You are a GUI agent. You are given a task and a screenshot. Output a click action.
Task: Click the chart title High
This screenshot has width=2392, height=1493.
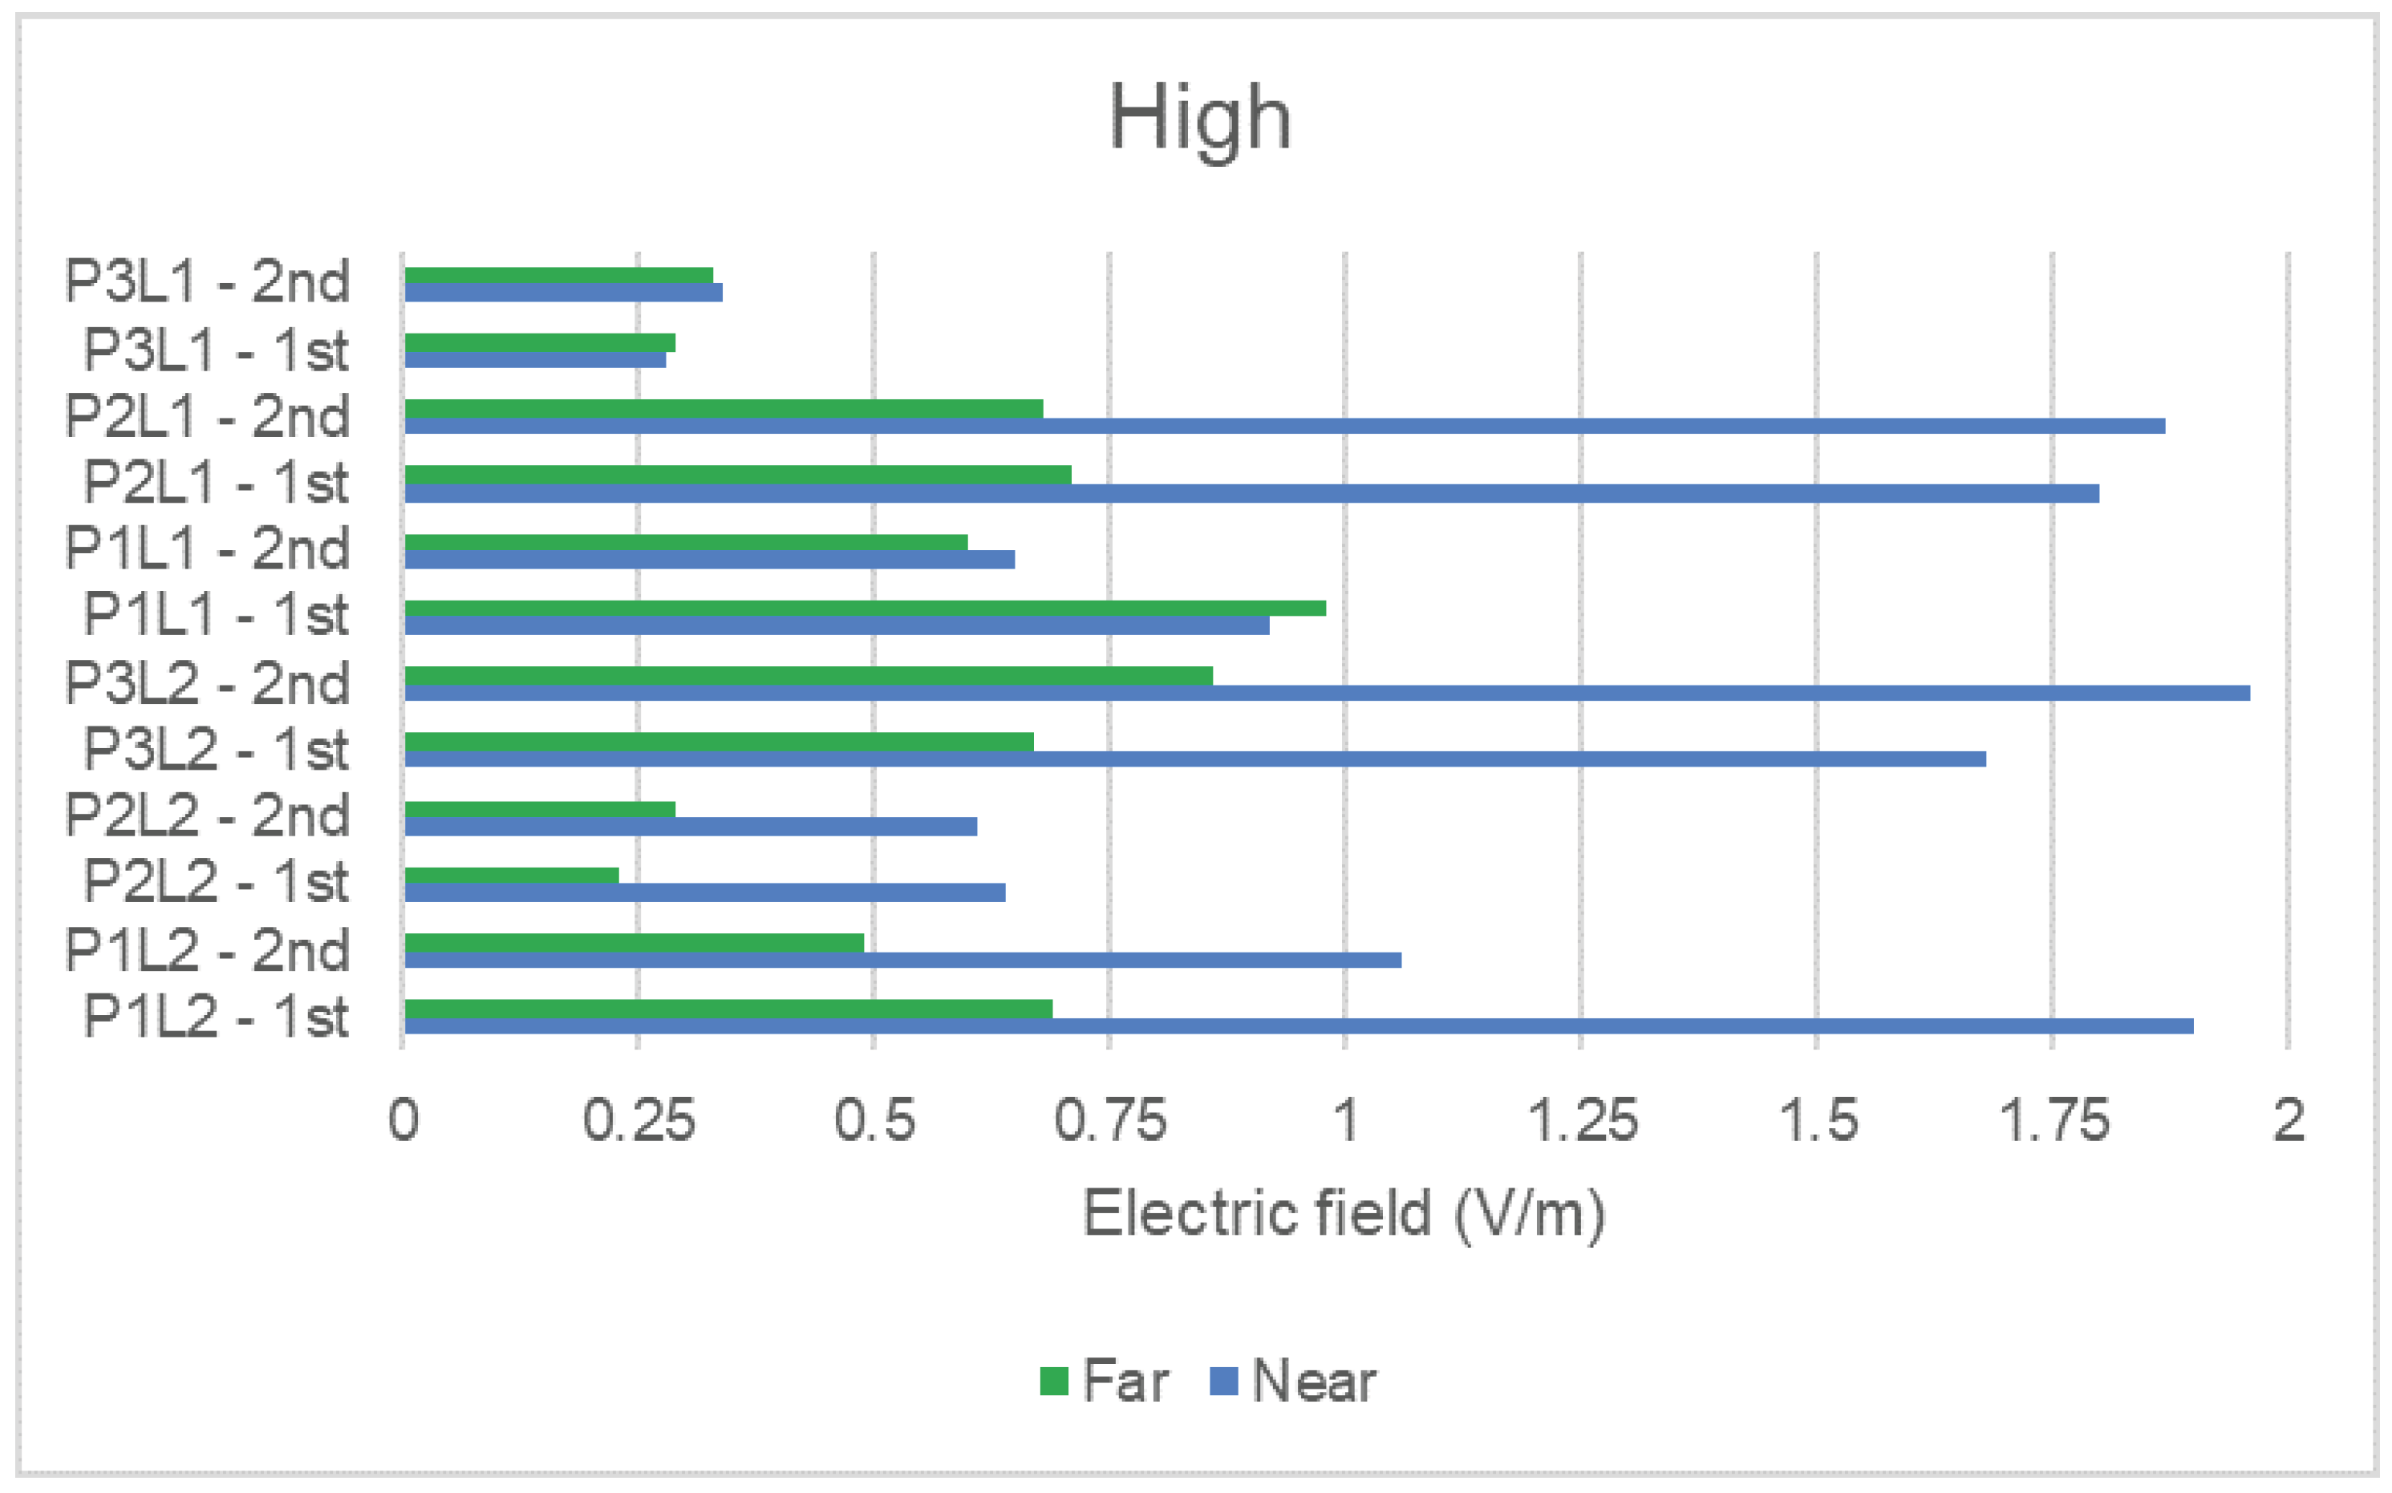pos(1199,119)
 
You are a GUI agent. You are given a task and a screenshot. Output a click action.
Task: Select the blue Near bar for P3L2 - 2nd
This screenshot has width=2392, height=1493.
pos(1327,693)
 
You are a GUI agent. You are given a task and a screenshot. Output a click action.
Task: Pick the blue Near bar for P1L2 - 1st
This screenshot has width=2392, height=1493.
pos(1299,1026)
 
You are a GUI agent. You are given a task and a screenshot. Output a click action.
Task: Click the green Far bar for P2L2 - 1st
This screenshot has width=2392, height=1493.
pos(512,875)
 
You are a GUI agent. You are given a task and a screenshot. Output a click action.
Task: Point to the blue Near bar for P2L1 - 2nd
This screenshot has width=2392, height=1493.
pos(1284,427)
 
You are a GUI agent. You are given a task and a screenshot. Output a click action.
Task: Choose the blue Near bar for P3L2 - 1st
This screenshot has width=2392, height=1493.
pos(1195,759)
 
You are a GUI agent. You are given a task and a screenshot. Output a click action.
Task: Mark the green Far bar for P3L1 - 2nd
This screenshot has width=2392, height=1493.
pos(558,276)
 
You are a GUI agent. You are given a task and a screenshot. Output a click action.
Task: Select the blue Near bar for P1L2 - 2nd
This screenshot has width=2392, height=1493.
pos(902,960)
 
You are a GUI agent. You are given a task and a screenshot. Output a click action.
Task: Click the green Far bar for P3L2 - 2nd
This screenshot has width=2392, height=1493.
pos(808,675)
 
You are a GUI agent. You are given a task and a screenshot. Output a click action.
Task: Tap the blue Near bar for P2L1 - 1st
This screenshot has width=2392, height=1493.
pos(1251,493)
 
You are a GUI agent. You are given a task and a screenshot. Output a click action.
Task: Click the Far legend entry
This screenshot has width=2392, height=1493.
pos(1104,1381)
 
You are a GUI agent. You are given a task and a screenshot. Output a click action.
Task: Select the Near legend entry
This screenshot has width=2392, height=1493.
pos(1293,1381)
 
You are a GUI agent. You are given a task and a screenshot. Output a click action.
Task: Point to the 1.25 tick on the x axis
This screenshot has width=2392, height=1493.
pos(1582,1121)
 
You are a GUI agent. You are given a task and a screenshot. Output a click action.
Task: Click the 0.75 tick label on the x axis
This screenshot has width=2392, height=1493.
pos(1110,1121)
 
